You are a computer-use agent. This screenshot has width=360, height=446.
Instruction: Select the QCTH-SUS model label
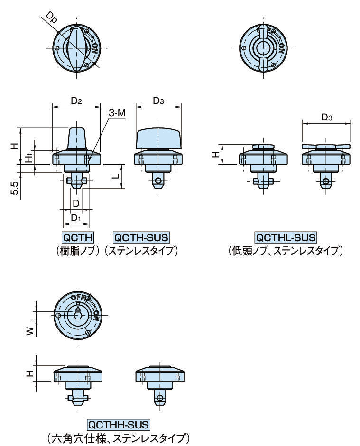coord(141,237)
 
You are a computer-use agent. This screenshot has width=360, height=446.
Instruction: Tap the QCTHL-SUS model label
coord(286,237)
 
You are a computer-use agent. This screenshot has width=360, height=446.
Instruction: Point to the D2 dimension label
coord(76,100)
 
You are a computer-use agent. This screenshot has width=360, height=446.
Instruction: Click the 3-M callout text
coord(117,114)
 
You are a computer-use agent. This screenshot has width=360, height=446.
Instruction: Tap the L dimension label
coord(116,176)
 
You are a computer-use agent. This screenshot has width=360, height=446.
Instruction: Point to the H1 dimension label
coord(29,158)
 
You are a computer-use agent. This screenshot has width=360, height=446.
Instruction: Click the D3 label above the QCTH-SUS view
coord(159,100)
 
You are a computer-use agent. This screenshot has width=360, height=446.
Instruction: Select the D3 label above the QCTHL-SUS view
coord(326,117)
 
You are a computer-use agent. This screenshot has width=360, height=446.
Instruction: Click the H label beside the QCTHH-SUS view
coord(29,374)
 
